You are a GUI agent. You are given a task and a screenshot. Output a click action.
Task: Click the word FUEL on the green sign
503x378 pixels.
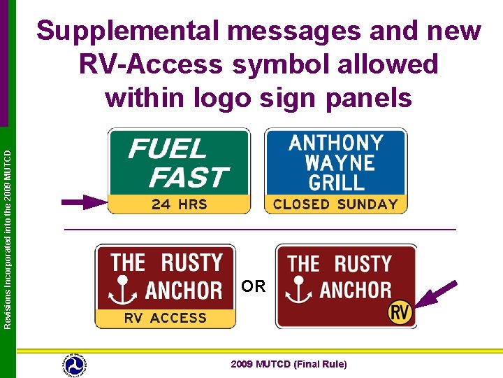pos(168,148)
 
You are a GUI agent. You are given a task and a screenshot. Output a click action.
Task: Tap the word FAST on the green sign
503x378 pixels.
pos(188,177)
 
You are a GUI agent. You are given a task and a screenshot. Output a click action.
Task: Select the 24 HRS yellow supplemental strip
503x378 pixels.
pos(179,205)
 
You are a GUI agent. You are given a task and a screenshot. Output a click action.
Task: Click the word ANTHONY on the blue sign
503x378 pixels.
pos(336,143)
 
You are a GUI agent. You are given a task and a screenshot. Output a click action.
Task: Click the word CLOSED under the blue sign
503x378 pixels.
pos(301,205)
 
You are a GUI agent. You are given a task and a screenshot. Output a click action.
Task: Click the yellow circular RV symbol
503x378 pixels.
pos(400,313)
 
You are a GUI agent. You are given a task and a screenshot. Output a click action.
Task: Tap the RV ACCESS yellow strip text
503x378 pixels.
pos(166,318)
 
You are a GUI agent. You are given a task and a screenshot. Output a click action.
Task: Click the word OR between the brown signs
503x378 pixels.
pos(254,286)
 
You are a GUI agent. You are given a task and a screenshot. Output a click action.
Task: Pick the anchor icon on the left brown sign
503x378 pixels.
pos(123,290)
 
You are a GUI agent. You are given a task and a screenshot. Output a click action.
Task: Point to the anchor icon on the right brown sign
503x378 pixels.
pos(300,290)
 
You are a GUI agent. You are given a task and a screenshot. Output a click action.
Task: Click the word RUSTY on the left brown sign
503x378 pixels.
pos(191,263)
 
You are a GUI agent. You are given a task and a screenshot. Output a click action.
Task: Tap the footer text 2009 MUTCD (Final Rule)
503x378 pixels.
pos(289,365)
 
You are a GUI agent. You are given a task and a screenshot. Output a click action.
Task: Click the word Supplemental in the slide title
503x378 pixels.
pos(133,31)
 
